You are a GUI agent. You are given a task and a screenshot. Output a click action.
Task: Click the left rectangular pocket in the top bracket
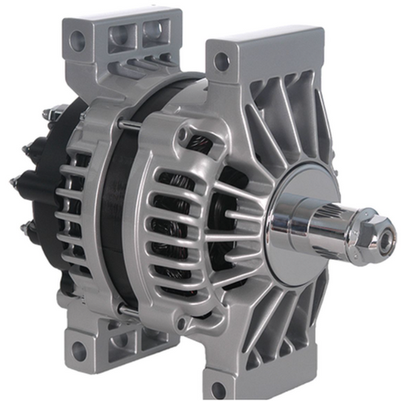click(x=125, y=37)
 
